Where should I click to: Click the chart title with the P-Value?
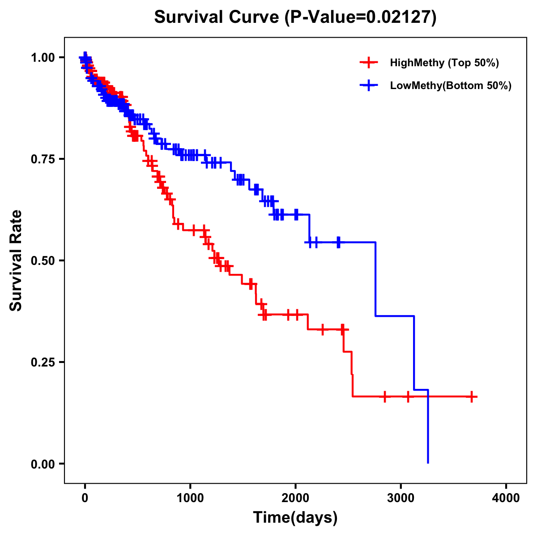[x=295, y=17]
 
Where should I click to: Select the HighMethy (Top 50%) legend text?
[x=444, y=63]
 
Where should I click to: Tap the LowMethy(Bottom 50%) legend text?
[x=451, y=85]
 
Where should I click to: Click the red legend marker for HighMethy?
[x=369, y=63]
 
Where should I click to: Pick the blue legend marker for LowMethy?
[x=369, y=85]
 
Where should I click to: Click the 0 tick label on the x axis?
[x=85, y=498]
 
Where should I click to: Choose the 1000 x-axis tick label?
[x=190, y=498]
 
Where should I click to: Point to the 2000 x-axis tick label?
[x=295, y=498]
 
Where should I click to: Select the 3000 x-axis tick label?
[x=401, y=498]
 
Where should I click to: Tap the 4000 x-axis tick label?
[x=506, y=498]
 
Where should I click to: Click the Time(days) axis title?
[x=295, y=518]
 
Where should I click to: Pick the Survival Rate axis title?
[x=16, y=260]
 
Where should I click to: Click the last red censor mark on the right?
[x=472, y=396]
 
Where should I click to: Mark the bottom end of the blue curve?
[x=428, y=462]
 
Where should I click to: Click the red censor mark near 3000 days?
[x=408, y=396]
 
